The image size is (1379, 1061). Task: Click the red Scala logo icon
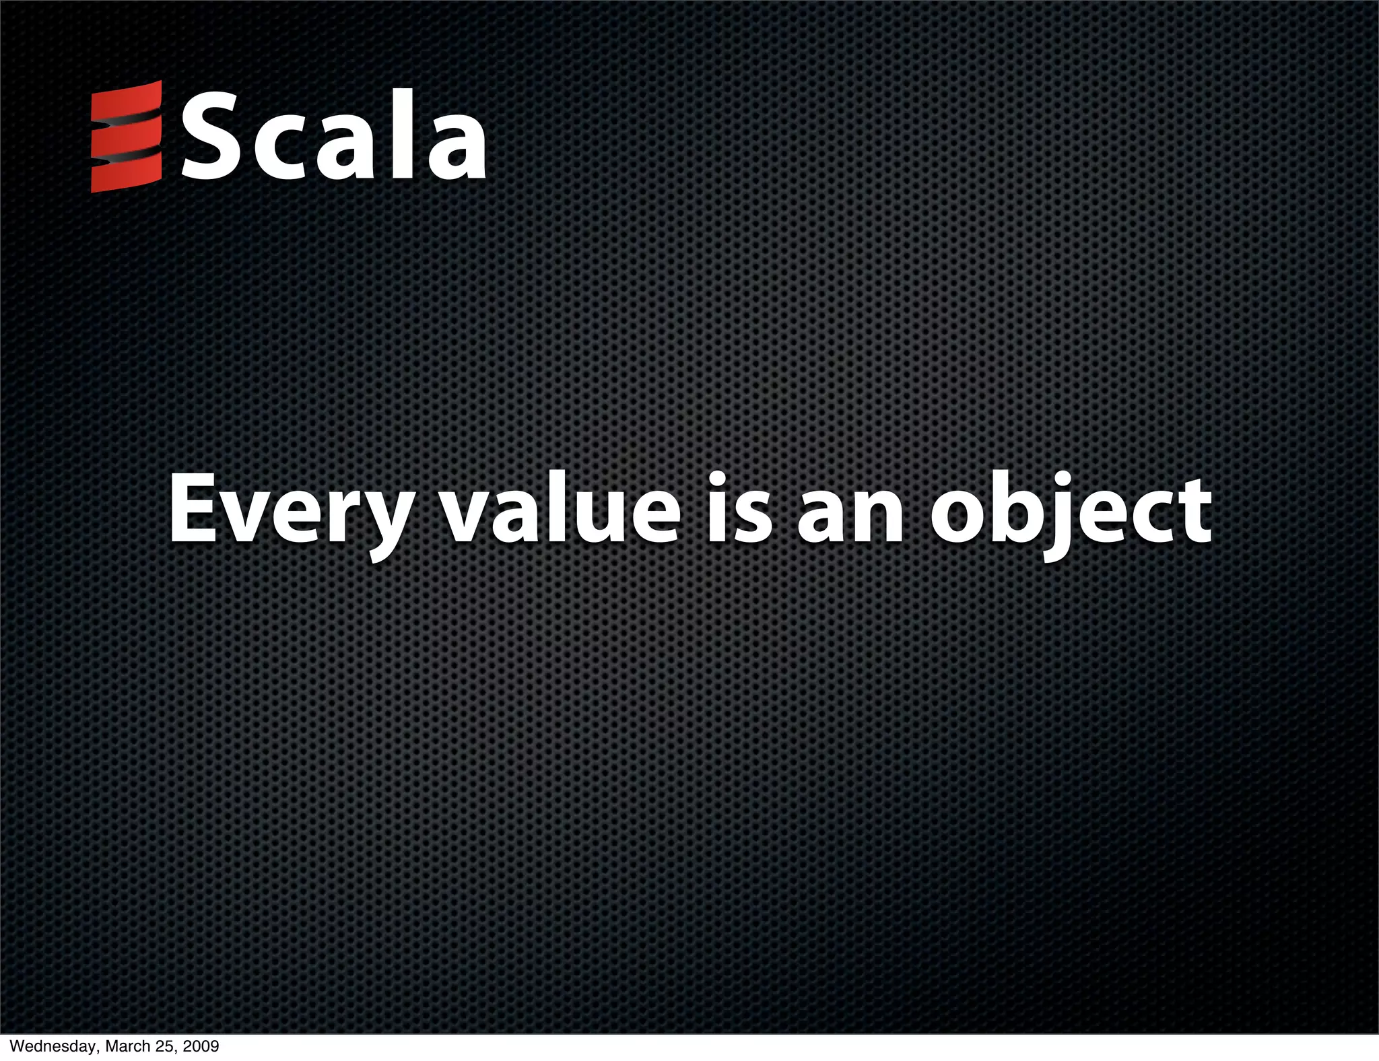127,137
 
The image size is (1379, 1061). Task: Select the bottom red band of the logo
127,175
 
